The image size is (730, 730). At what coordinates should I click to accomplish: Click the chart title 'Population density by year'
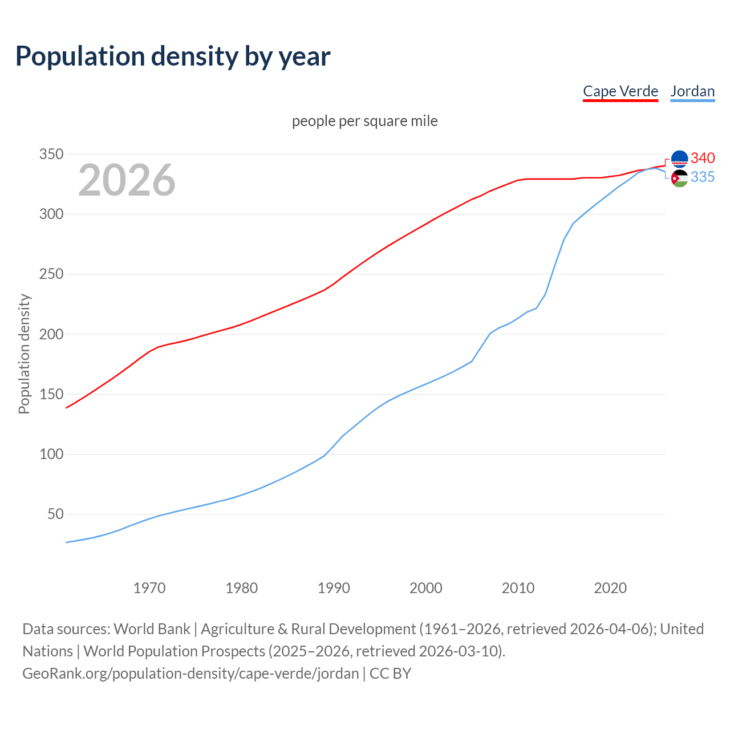coord(173,56)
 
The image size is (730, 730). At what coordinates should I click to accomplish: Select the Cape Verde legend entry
coord(620,91)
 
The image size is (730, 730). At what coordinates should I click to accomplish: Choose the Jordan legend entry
coord(692,91)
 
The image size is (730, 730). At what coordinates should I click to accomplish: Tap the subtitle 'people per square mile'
coord(365,121)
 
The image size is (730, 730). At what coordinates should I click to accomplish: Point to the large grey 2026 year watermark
coord(127,180)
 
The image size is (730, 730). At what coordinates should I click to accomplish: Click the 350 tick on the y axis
coord(51,154)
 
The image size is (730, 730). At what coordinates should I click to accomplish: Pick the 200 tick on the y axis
coord(51,334)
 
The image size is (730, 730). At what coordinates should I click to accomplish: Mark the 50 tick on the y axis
coord(55,514)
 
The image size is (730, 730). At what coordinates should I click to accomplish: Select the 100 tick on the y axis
coord(51,455)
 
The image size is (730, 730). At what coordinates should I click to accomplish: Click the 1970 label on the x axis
coord(149,588)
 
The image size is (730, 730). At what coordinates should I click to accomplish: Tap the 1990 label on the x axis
coord(334,588)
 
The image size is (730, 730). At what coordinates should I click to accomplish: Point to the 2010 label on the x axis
coord(518,588)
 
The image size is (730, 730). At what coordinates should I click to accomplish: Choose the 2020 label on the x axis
coord(610,588)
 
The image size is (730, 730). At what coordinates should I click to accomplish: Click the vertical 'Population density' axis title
coord(24,354)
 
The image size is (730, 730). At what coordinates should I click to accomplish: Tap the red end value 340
coord(703,158)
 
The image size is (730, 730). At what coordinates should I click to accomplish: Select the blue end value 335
coord(703,177)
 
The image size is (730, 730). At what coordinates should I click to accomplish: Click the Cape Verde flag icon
coord(679,159)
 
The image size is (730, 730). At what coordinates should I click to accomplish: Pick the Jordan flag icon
coord(679,179)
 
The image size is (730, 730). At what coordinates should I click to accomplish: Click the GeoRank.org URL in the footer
coord(190,674)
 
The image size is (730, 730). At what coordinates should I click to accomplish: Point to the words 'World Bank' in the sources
coord(152,629)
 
